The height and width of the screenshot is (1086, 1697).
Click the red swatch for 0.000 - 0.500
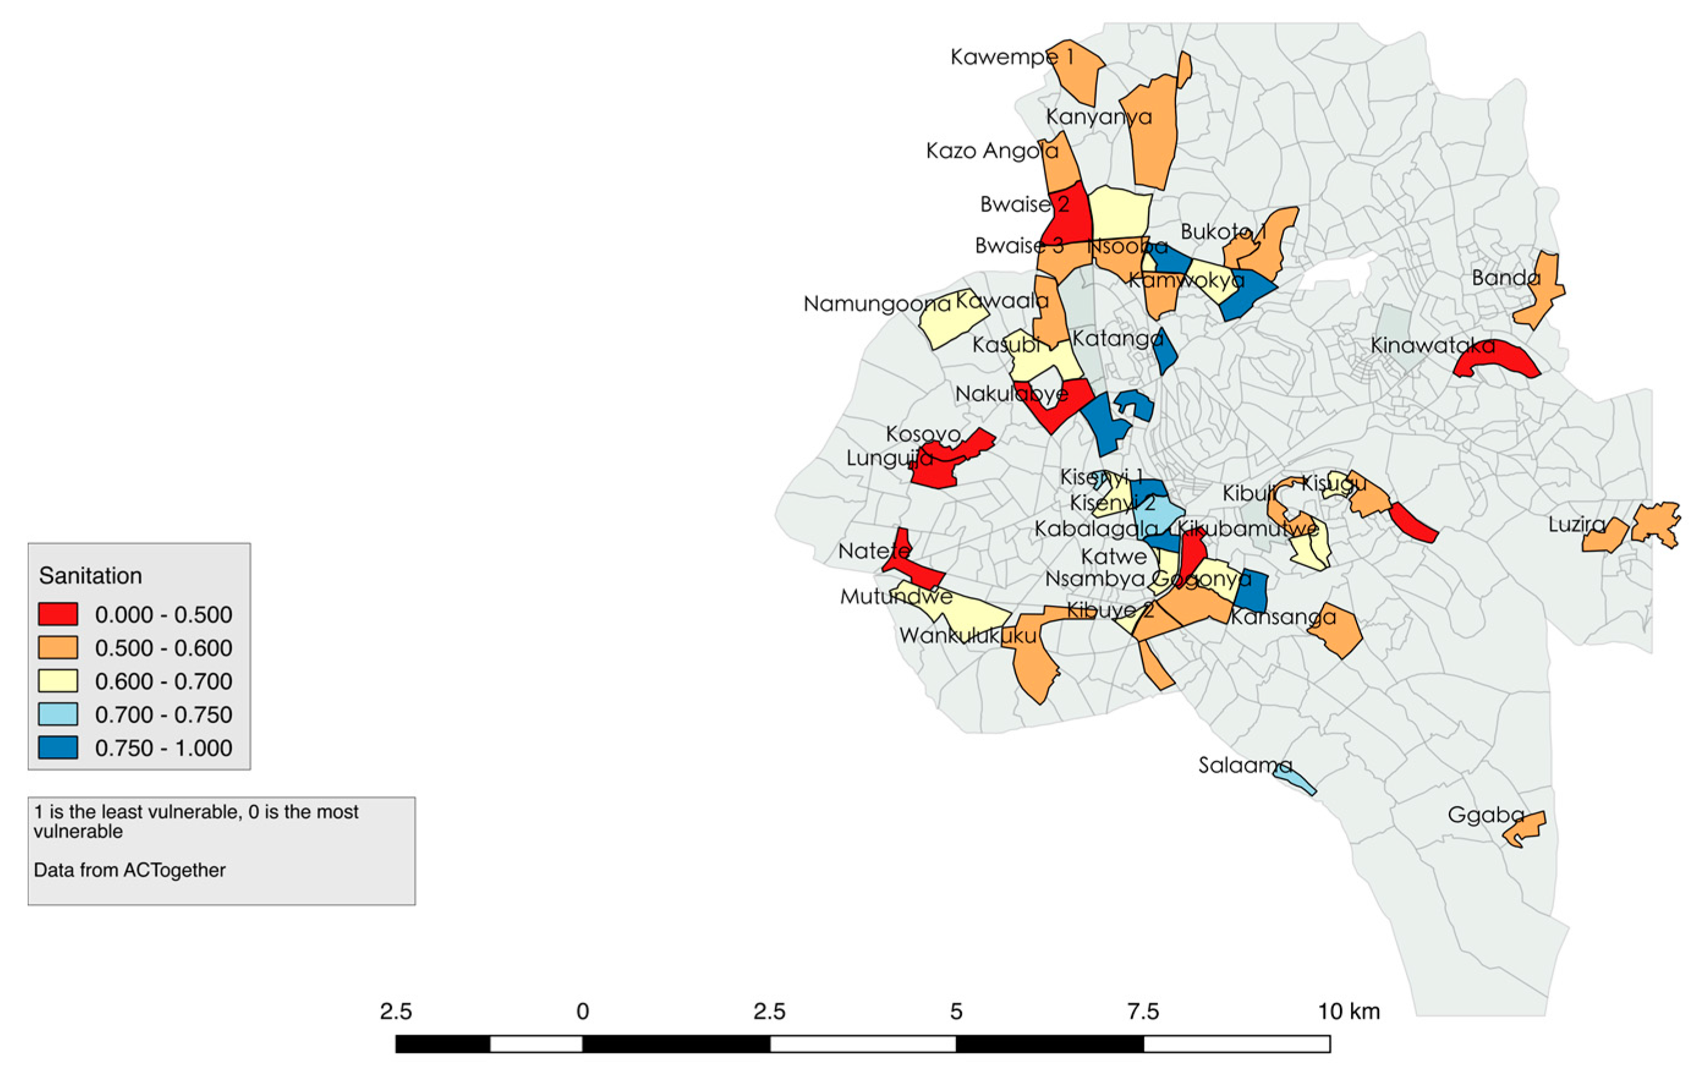click(x=58, y=614)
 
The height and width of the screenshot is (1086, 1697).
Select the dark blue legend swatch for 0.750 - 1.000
click(x=58, y=747)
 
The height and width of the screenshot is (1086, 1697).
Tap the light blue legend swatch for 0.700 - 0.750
click(x=58, y=714)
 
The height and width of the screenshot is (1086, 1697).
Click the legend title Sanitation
click(x=90, y=575)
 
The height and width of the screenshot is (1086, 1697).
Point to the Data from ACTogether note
click(x=130, y=870)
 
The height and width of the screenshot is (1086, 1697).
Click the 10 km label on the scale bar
click(x=1348, y=1011)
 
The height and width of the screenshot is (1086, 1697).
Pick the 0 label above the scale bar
click(x=583, y=1011)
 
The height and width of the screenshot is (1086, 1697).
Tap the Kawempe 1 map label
click(x=1011, y=56)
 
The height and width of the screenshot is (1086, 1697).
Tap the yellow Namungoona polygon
click(x=952, y=321)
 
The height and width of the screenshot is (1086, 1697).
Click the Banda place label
click(x=1505, y=278)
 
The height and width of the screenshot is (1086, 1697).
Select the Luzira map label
click(x=1577, y=525)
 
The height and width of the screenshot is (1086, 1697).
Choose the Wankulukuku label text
click(x=968, y=635)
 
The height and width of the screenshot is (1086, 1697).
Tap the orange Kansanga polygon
click(x=1337, y=630)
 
